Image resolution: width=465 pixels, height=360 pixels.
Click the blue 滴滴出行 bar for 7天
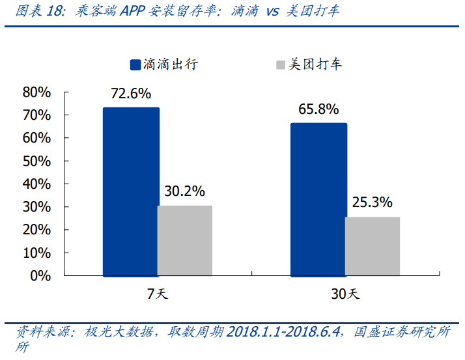[x=131, y=191]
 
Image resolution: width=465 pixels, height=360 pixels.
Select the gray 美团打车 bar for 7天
[x=185, y=240]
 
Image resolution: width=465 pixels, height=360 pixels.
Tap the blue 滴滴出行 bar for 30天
[x=318, y=199]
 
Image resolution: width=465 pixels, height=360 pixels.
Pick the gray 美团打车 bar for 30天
[x=373, y=246]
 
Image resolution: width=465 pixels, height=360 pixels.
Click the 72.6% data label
[x=130, y=94]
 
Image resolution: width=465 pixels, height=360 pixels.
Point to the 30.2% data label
[x=185, y=191]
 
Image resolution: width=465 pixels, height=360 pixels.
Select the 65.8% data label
[x=318, y=109]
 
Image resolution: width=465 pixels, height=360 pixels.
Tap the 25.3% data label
[x=373, y=202]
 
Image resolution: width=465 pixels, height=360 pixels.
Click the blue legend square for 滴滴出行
[x=135, y=64]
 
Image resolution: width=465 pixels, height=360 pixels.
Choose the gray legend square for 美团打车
[x=281, y=64]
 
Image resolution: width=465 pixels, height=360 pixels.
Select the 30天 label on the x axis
[x=345, y=294]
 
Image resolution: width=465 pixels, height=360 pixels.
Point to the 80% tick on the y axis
[x=36, y=92]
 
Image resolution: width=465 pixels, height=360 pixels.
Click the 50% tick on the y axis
[x=36, y=161]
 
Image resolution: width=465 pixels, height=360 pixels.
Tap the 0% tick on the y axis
[x=40, y=275]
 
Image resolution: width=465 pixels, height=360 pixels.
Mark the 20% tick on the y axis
[x=36, y=230]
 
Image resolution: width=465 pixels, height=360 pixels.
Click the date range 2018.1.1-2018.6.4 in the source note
[x=284, y=332]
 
